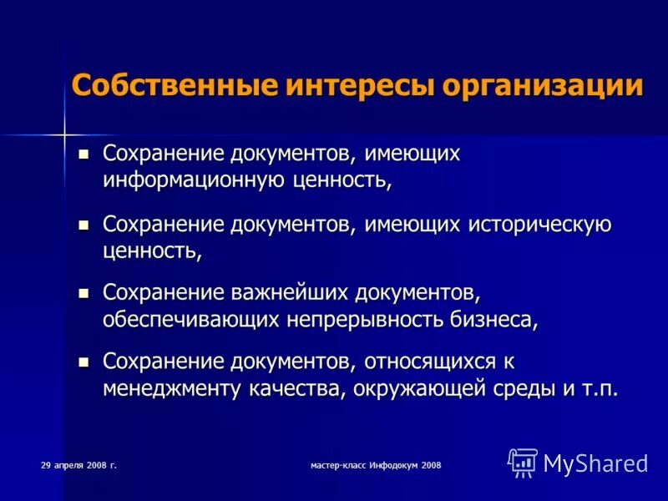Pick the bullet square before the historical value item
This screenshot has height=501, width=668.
coord(83,225)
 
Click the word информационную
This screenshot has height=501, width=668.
coord(194,179)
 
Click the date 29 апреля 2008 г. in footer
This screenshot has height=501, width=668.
coord(78,463)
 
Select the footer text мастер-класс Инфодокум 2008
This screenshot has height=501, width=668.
coord(374,463)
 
